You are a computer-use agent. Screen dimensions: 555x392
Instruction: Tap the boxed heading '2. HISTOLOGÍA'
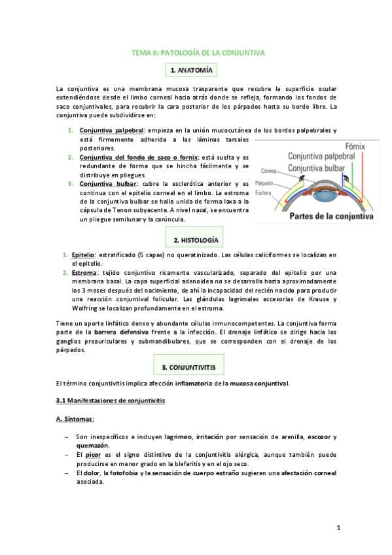click(196, 240)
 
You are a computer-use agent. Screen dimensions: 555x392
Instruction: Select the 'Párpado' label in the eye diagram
click(265, 184)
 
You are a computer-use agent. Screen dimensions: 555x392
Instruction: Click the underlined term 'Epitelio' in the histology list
click(83, 254)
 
